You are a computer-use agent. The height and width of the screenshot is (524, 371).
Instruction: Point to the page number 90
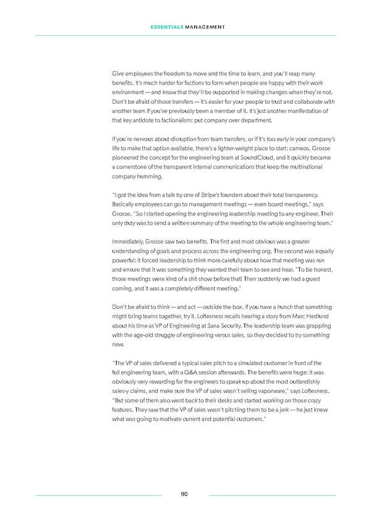click(x=185, y=494)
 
